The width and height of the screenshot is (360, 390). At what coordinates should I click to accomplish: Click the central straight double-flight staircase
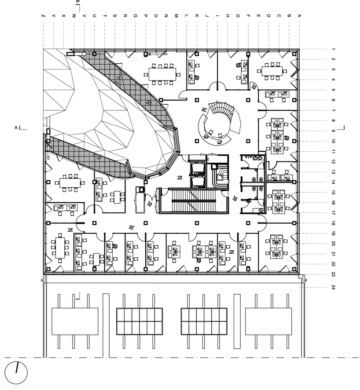coord(194,201)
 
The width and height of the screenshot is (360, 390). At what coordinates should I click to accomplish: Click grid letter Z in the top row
coord(43,16)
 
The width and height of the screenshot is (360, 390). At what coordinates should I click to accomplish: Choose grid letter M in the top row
coord(176,16)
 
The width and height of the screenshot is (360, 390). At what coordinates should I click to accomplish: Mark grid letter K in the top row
coord(197,16)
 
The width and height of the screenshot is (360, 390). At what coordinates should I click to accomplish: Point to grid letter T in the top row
coord(104,16)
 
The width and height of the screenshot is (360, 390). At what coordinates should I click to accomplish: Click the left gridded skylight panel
coord(139,321)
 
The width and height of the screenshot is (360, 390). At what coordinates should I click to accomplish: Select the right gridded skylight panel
coord(204,321)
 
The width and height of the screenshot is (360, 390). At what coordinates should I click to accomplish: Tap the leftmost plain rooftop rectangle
coord(75,321)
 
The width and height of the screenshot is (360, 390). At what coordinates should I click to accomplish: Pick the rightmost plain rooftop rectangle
coord(268,321)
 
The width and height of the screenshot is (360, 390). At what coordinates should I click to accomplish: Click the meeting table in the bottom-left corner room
coord(60,248)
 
